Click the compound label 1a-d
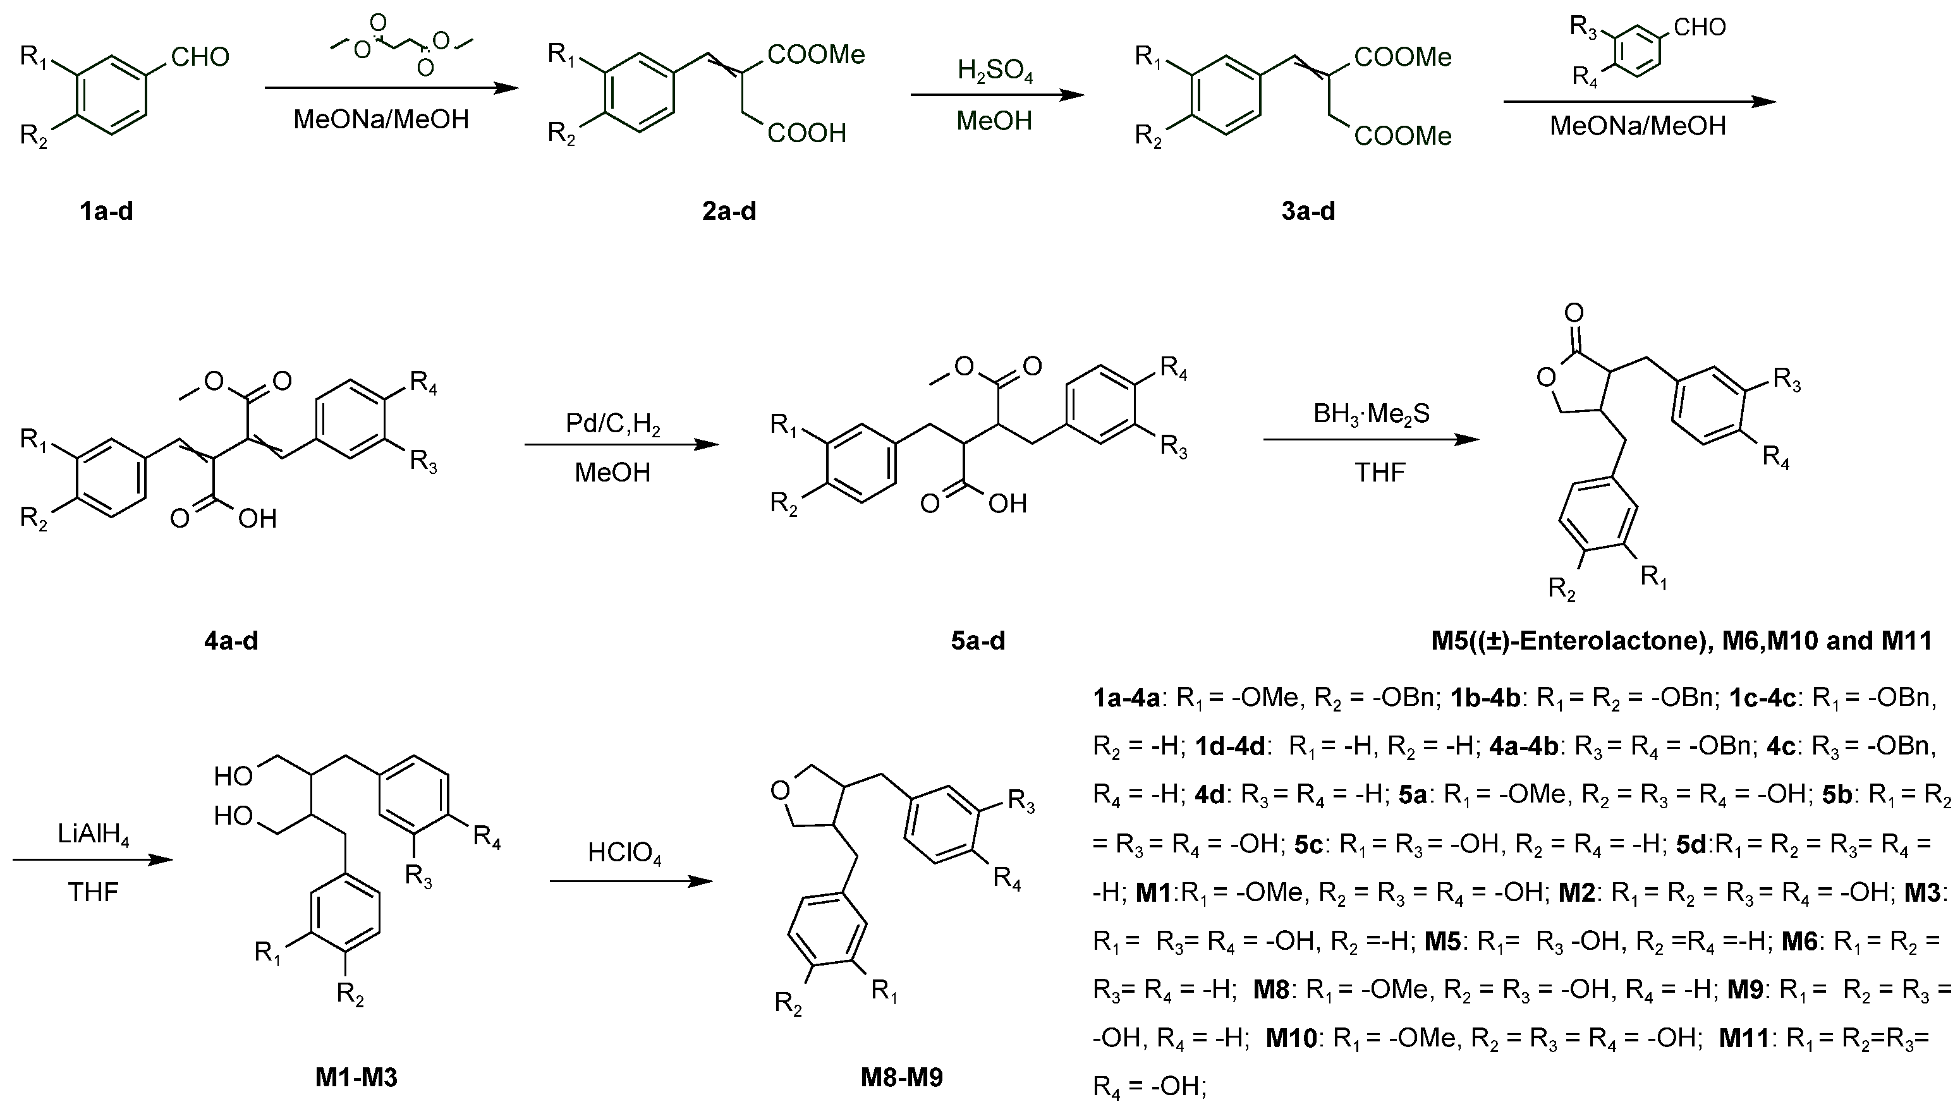click(x=106, y=211)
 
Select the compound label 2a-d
click(x=729, y=211)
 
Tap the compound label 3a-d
click(x=1308, y=211)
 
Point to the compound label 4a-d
click(x=231, y=641)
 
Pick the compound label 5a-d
click(x=977, y=641)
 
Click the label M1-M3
click(x=356, y=1077)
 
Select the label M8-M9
click(x=901, y=1077)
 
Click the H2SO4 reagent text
click(x=995, y=71)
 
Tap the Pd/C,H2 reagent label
click(x=612, y=423)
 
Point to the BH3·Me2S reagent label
click(x=1371, y=414)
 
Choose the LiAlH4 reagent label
click(x=93, y=835)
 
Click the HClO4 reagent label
click(x=624, y=852)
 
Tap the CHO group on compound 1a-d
click(x=200, y=56)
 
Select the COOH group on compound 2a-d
click(x=807, y=133)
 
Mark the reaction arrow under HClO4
click(x=631, y=882)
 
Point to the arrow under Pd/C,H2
click(x=621, y=445)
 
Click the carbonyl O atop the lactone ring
click(x=1574, y=312)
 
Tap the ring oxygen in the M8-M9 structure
click(x=779, y=791)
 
